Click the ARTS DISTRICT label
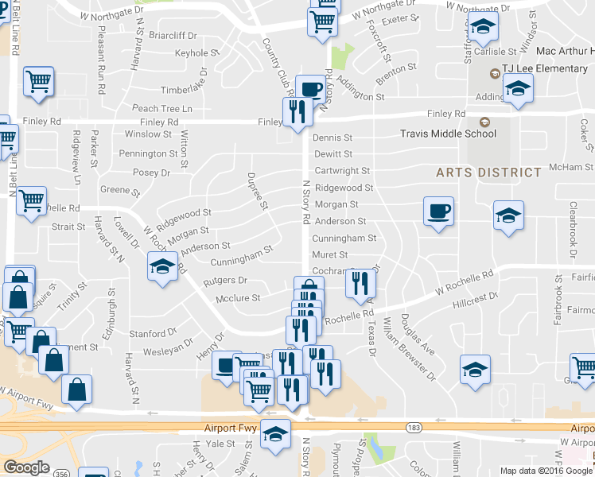(488, 173)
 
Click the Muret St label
(330, 254)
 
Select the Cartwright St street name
(342, 171)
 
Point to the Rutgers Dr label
(225, 281)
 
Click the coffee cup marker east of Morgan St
(438, 212)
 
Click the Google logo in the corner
(26, 467)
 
